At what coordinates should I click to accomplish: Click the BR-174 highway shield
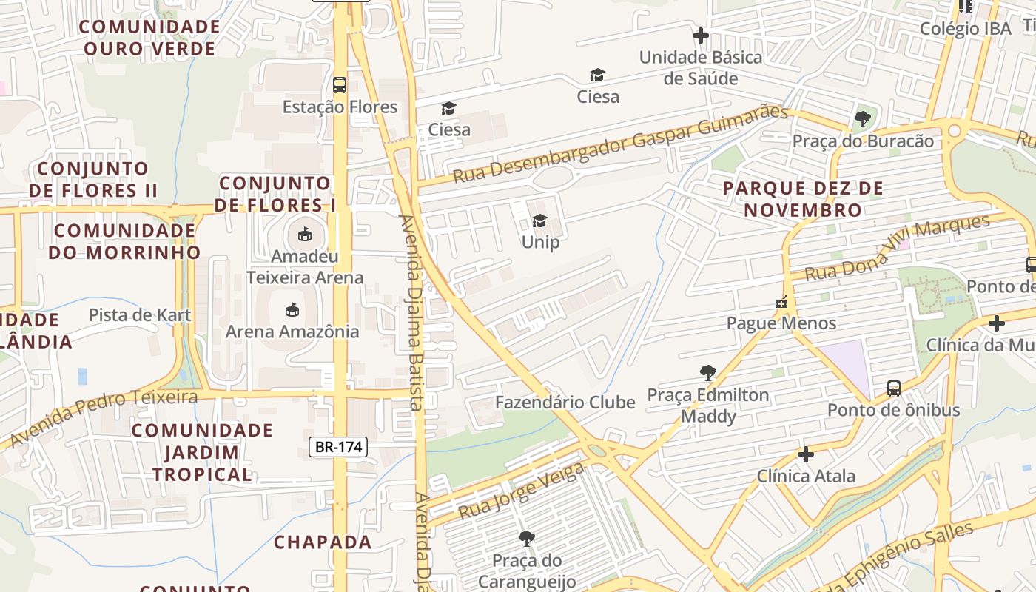pyautogui.click(x=338, y=446)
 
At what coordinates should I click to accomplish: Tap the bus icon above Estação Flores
pyautogui.click(x=340, y=84)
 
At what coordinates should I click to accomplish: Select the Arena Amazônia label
pyautogui.click(x=292, y=331)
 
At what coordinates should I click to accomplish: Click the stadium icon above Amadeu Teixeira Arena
pyautogui.click(x=304, y=235)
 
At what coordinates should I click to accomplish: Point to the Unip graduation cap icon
pyautogui.click(x=539, y=221)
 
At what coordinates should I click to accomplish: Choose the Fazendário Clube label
pyautogui.click(x=565, y=403)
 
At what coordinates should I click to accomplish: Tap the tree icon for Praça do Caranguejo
pyautogui.click(x=526, y=538)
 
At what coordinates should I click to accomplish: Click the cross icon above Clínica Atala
pyautogui.click(x=806, y=454)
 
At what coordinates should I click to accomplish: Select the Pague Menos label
pyautogui.click(x=781, y=323)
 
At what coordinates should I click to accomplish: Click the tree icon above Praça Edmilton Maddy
pyautogui.click(x=708, y=372)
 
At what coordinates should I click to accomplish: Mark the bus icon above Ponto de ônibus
pyautogui.click(x=894, y=388)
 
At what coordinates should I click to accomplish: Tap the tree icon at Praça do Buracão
pyautogui.click(x=862, y=118)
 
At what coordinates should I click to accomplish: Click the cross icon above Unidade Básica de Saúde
pyautogui.click(x=700, y=35)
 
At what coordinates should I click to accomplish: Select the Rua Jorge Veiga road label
pyautogui.click(x=521, y=491)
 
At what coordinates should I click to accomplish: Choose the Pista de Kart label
pyautogui.click(x=140, y=314)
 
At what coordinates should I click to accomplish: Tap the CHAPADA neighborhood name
pyautogui.click(x=323, y=542)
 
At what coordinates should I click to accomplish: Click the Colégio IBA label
pyautogui.click(x=965, y=28)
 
